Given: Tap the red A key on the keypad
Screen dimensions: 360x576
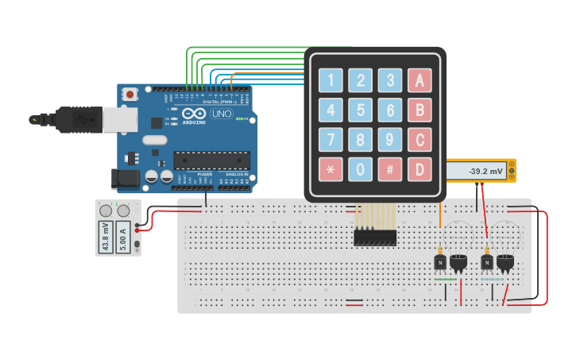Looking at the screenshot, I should pyautogui.click(x=419, y=79).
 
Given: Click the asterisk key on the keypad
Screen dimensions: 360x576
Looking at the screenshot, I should pyautogui.click(x=331, y=168).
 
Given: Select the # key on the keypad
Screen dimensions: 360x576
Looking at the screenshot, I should pyautogui.click(x=389, y=168).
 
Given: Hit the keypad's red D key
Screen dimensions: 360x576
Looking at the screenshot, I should pyautogui.click(x=419, y=168).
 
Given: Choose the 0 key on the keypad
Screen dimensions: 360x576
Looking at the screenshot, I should pyautogui.click(x=361, y=168).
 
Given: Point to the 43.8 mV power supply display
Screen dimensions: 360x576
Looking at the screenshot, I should pyautogui.click(x=106, y=237).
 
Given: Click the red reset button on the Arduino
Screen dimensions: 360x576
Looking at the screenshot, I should pyautogui.click(x=130, y=94).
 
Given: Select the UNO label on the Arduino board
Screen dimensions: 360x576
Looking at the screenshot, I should pyautogui.click(x=222, y=114).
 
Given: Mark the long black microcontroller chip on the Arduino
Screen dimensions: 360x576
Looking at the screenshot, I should pyautogui.click(x=211, y=160).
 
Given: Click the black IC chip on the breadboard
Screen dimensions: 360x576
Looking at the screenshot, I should pyautogui.click(x=375, y=237).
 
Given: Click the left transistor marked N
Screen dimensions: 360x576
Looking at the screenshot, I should pyautogui.click(x=439, y=261).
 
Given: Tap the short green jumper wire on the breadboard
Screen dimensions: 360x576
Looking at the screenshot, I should pyautogui.click(x=445, y=280).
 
